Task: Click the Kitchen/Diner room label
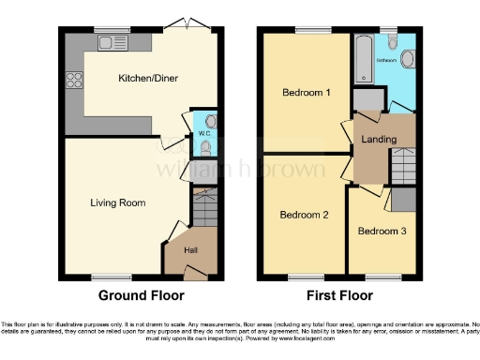point(137,79)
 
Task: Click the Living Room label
point(117,202)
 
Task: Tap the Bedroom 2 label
point(305,215)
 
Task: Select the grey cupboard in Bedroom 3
point(404,200)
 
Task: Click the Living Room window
point(105,276)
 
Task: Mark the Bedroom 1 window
point(307,31)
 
